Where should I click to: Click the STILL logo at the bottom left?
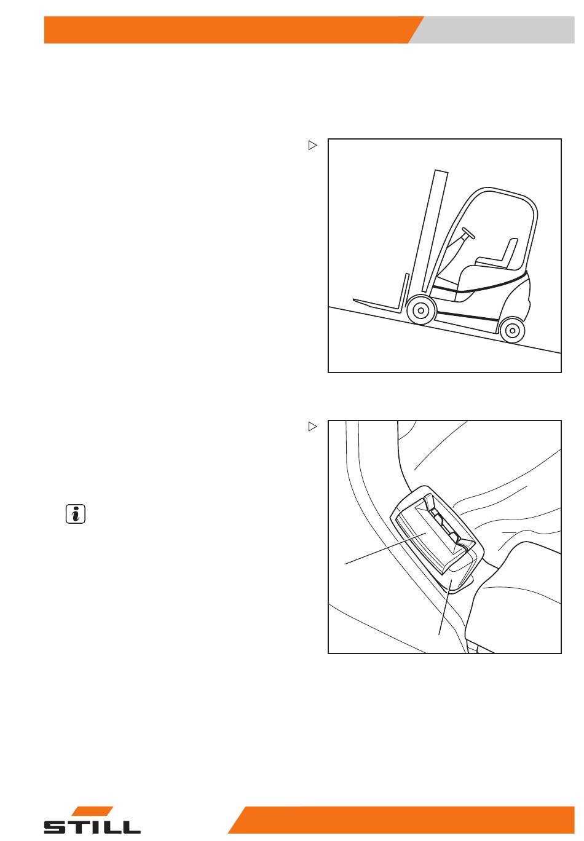click(92, 821)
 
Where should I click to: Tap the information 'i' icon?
click(75, 514)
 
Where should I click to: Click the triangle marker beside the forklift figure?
click(312, 146)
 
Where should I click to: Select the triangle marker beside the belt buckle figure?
click(312, 426)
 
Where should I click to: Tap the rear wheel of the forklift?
click(511, 331)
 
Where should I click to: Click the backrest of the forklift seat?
click(509, 251)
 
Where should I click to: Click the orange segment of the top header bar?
click(227, 30)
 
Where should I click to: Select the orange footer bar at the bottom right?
click(406, 820)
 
